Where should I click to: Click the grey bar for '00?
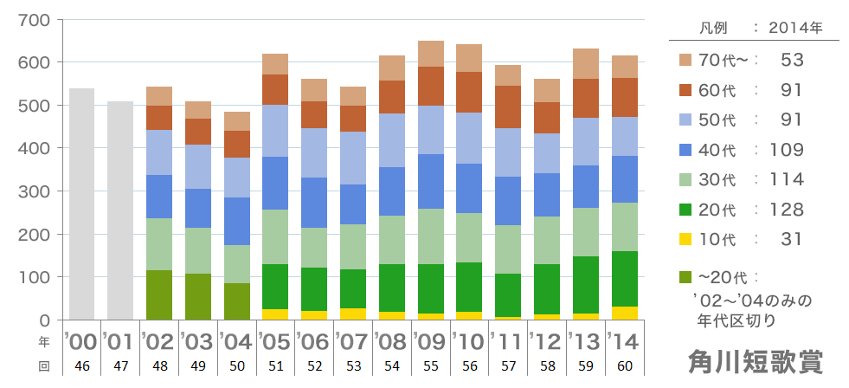click(x=81, y=204)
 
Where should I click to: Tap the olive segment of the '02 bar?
click(x=159, y=294)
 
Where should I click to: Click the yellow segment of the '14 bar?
click(x=625, y=313)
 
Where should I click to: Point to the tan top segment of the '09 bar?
click(x=431, y=54)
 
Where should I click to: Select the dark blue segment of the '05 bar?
click(x=275, y=183)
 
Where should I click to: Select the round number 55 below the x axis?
click(x=430, y=366)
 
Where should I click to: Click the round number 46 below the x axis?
click(x=81, y=366)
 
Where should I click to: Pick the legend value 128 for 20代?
click(x=788, y=210)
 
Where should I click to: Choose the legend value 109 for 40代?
click(x=788, y=150)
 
